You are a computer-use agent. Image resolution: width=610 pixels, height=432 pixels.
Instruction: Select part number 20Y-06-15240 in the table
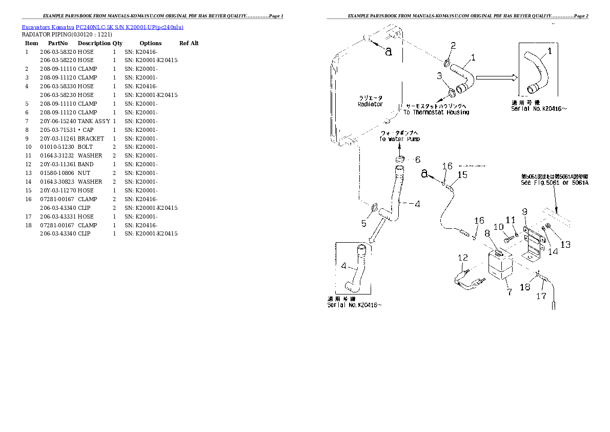pyautogui.click(x=57, y=121)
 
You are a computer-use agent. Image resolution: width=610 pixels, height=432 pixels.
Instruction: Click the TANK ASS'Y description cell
pyautogui.click(x=94, y=121)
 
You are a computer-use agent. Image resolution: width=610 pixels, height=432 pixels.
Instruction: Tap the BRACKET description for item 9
pyautogui.click(x=91, y=139)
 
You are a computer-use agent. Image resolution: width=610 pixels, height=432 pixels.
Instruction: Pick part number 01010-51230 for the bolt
pyautogui.click(x=57, y=147)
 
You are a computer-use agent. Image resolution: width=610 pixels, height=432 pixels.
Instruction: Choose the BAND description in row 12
pyautogui.click(x=86, y=165)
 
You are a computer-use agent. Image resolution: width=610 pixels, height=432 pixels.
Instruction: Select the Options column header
pyautogui.click(x=151, y=43)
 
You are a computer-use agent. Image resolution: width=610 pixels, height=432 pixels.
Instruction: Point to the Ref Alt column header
pyautogui.click(x=189, y=43)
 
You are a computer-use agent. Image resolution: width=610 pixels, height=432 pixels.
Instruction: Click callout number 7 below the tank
pyautogui.click(x=509, y=292)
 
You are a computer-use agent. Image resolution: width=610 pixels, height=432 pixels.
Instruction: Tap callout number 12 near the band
pyautogui.click(x=463, y=258)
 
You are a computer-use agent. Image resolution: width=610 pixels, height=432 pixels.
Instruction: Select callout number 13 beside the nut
pyautogui.click(x=565, y=245)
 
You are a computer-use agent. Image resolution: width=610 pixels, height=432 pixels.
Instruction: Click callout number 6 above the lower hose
pyautogui.click(x=417, y=160)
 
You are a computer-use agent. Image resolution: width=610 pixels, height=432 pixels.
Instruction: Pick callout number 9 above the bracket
pyautogui.click(x=524, y=211)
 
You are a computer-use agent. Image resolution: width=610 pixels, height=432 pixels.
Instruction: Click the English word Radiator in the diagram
pyautogui.click(x=370, y=104)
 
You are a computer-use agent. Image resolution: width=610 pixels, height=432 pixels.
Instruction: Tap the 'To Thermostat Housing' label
pyautogui.click(x=436, y=112)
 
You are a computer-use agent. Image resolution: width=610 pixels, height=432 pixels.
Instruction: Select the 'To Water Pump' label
pyautogui.click(x=399, y=139)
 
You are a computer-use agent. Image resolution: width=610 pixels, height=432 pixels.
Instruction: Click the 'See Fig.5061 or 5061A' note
pyautogui.click(x=555, y=182)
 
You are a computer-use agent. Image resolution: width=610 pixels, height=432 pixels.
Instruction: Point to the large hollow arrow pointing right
pyautogui.click(x=495, y=78)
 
